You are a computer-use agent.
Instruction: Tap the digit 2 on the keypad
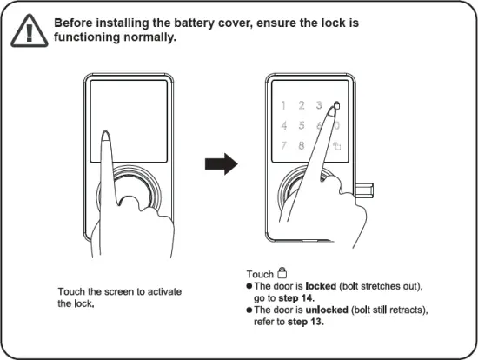coord(301,106)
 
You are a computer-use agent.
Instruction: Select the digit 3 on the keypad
coord(319,106)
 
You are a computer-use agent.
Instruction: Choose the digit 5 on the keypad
coord(301,125)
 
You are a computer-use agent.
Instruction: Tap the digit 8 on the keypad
coord(301,145)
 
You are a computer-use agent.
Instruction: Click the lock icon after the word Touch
coord(282,272)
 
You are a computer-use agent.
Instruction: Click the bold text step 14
coord(297,297)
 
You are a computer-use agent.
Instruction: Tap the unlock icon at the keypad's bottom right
coord(337,145)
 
